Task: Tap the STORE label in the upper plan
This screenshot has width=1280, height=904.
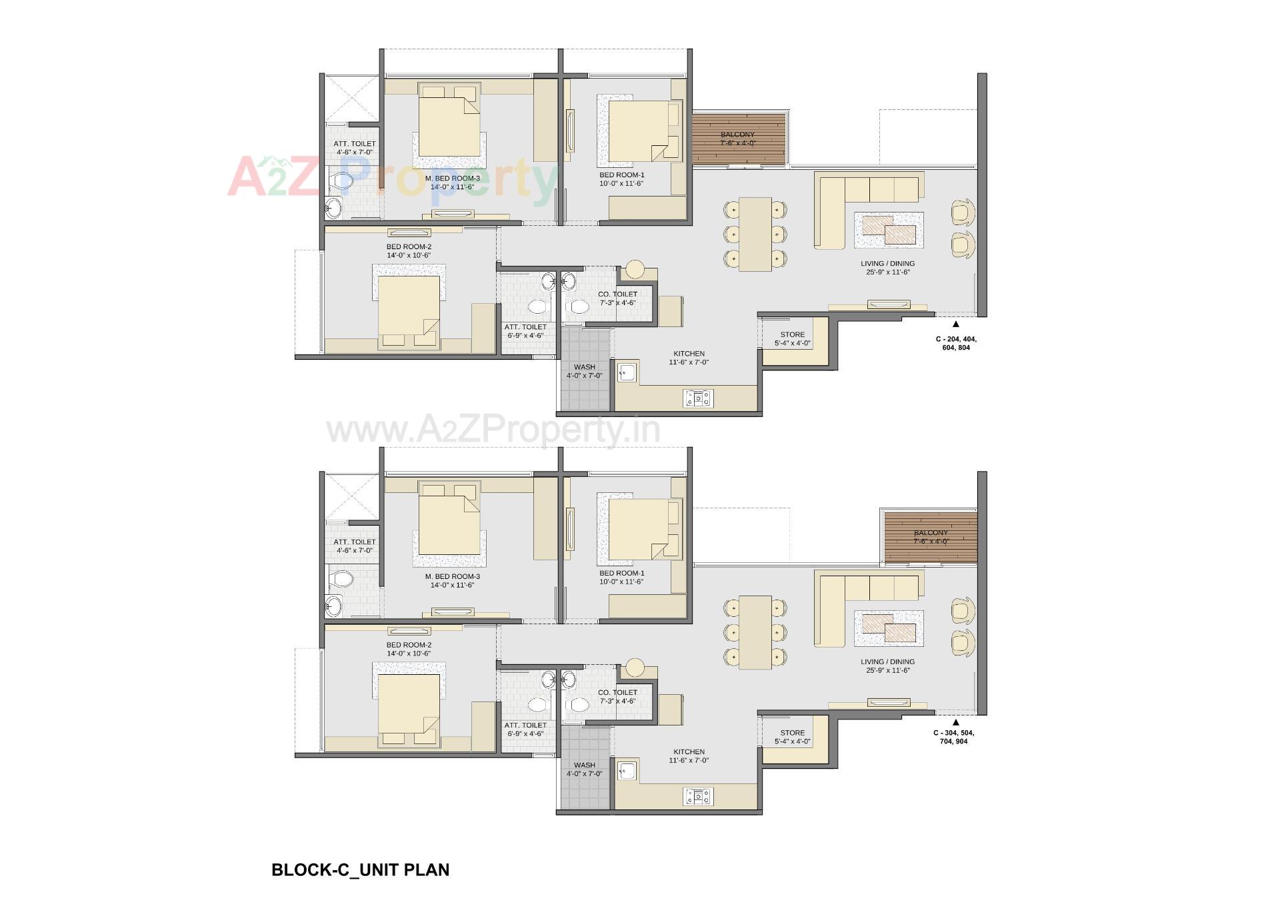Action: point(792,334)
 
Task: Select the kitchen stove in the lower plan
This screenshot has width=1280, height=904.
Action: point(698,796)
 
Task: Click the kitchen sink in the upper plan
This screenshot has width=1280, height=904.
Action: point(627,372)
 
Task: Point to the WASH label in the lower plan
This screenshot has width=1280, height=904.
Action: point(584,765)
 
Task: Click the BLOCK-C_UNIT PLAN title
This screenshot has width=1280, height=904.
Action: point(360,869)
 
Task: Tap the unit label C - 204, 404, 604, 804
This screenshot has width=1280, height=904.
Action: point(955,343)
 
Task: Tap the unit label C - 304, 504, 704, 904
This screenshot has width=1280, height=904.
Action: point(953,737)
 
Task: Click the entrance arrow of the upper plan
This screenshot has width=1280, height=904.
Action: point(955,324)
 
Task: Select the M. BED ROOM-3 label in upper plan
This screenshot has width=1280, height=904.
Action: point(452,178)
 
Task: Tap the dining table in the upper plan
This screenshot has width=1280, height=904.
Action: point(755,234)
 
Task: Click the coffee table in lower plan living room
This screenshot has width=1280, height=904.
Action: point(889,628)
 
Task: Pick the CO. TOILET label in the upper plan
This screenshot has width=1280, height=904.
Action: point(617,294)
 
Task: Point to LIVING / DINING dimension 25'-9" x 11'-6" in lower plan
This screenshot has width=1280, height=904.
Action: point(887,670)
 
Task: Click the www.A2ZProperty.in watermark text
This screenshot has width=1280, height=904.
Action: point(493,430)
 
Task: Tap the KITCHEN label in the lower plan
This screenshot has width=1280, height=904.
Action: point(689,751)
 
